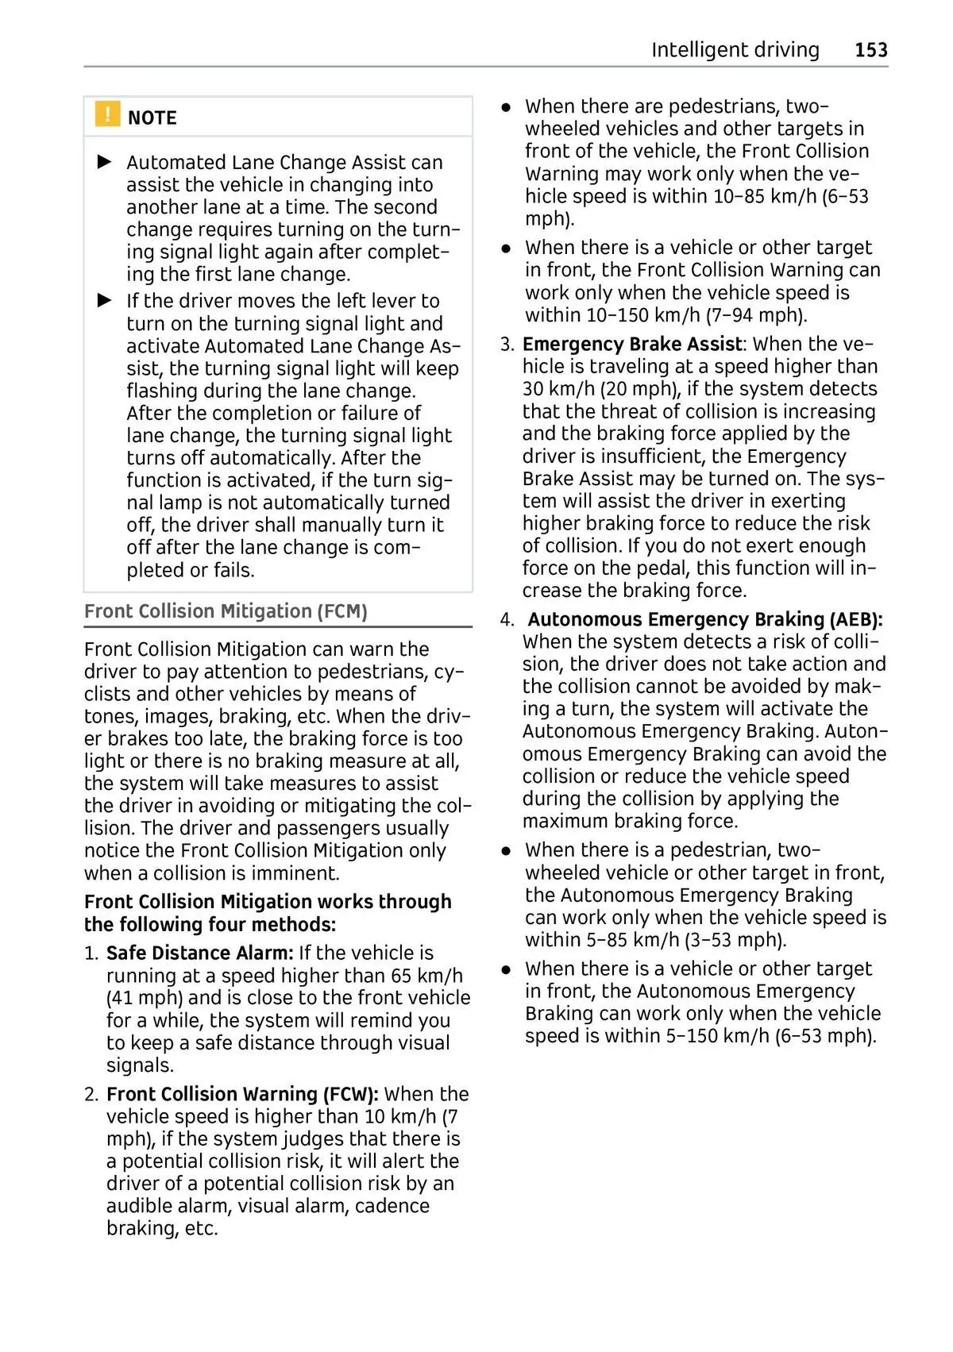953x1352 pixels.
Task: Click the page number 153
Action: click(870, 50)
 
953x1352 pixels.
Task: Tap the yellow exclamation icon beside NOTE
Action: click(107, 114)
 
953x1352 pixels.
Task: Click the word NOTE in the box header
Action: click(152, 118)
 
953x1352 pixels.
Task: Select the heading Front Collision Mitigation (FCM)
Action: click(226, 611)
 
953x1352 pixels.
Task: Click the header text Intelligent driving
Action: click(735, 50)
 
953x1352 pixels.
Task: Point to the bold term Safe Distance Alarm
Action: click(199, 953)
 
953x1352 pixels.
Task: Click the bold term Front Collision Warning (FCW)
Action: click(242, 1094)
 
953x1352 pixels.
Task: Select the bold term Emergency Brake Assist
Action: click(632, 344)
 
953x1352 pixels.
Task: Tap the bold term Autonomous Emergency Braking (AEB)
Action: click(705, 619)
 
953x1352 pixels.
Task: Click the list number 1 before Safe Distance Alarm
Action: click(91, 953)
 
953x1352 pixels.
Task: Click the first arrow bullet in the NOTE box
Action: click(105, 162)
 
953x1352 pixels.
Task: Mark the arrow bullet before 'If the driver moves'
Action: click(105, 301)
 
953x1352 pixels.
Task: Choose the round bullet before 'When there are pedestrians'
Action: click(506, 106)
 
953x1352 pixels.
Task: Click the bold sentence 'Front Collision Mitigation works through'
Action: click(268, 902)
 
